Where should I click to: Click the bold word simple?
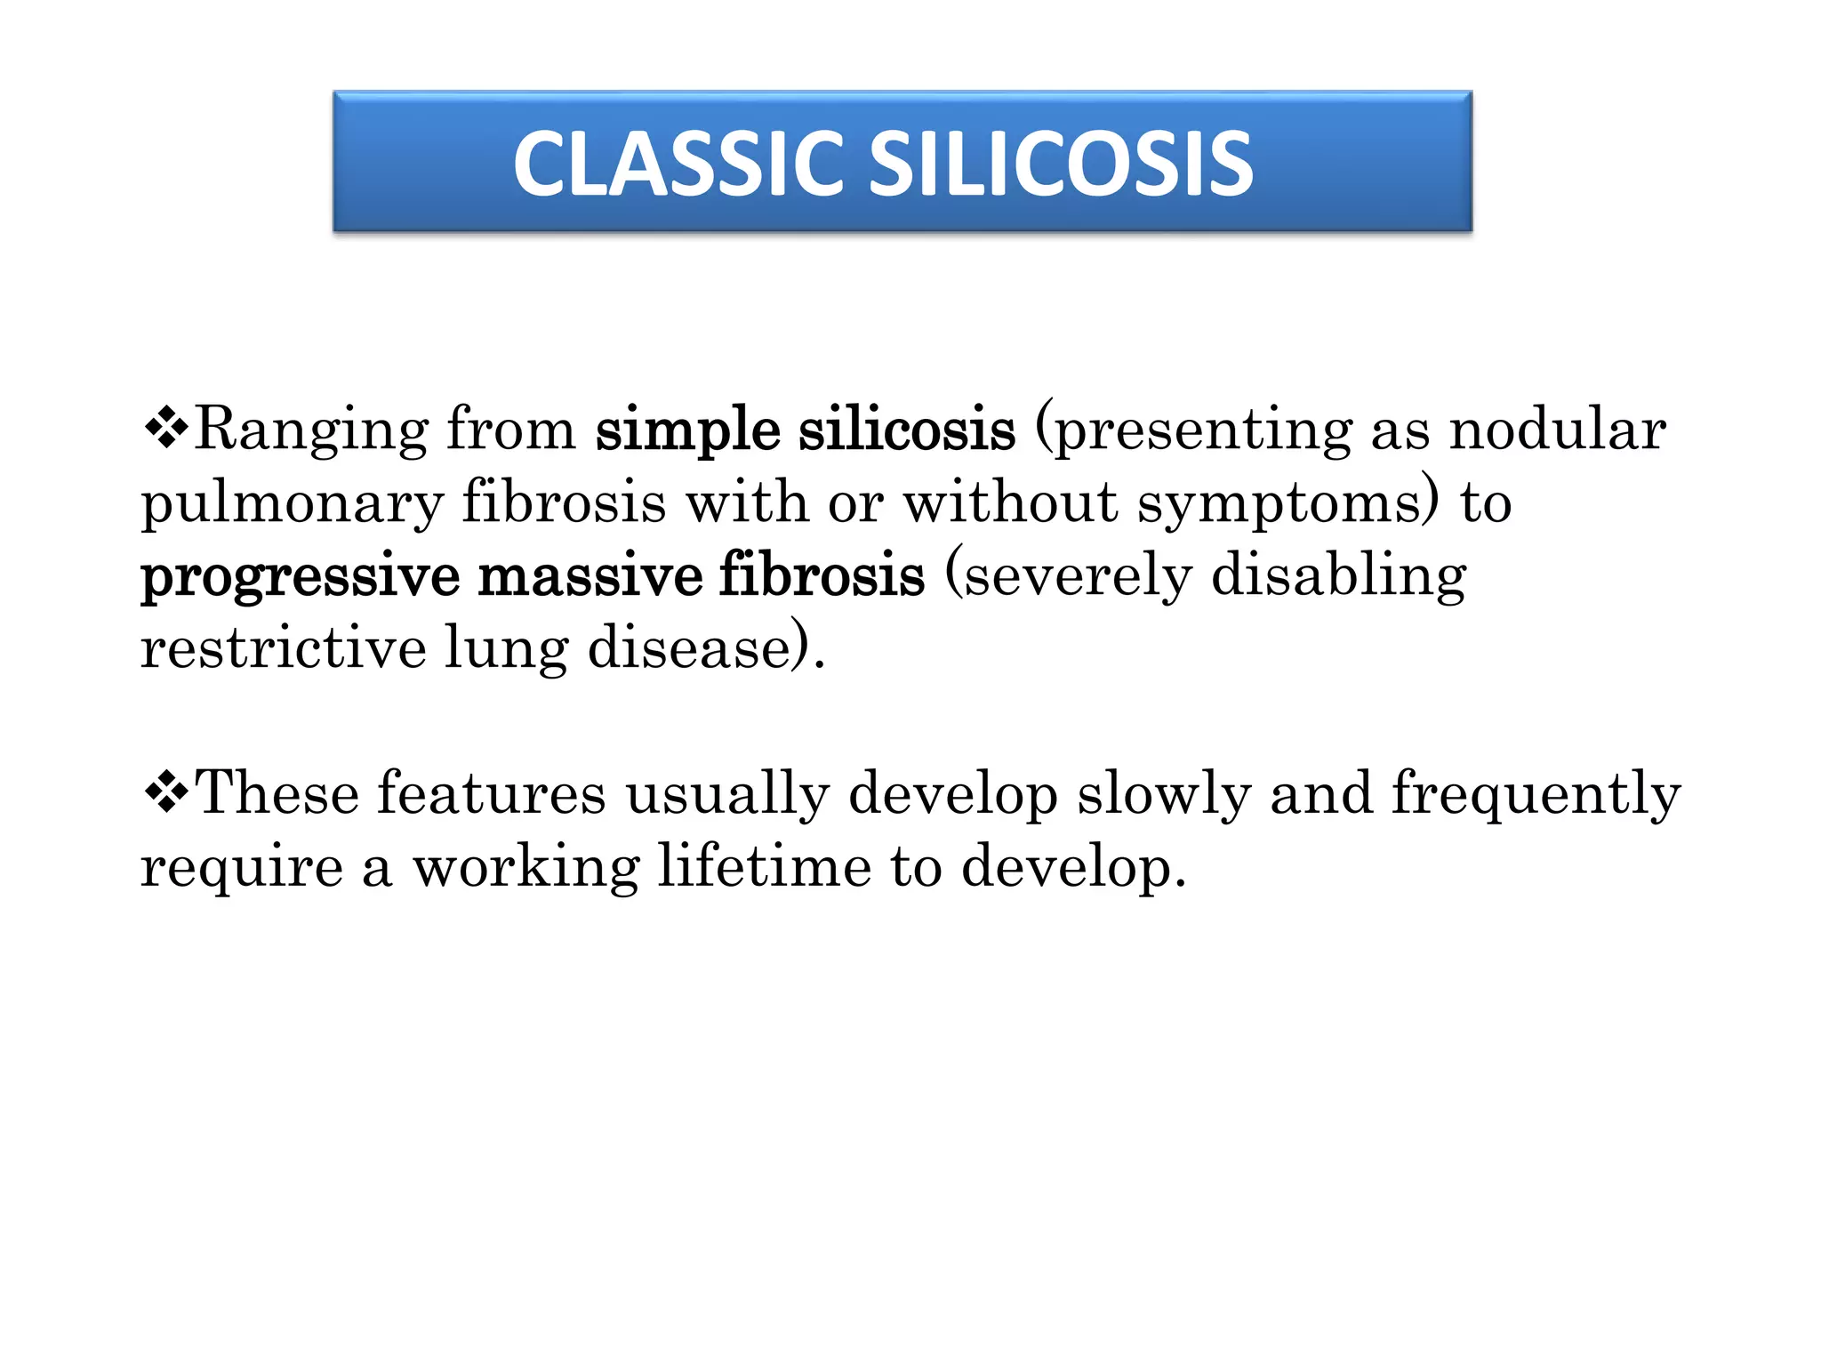click(687, 430)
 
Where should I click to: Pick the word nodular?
click(1557, 429)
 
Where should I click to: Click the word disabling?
click(1338, 575)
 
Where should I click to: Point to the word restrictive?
click(283, 647)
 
